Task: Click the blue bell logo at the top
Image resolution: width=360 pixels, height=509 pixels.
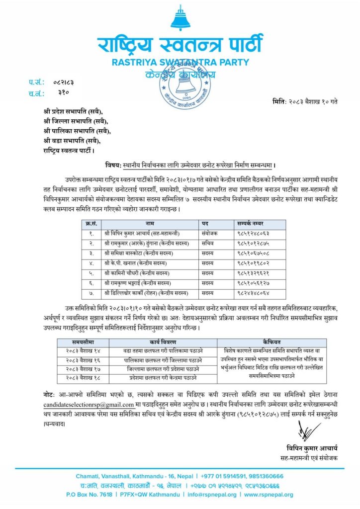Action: [x=180, y=19]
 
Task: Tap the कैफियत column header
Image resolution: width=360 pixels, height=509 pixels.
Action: [x=272, y=342]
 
